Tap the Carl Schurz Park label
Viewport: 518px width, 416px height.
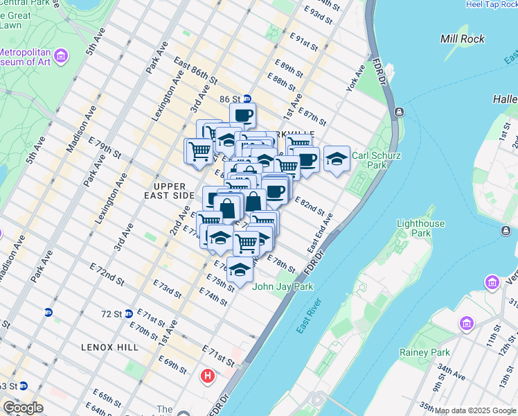(x=377, y=160)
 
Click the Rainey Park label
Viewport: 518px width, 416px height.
(x=425, y=352)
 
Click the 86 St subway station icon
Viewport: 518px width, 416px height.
(x=247, y=99)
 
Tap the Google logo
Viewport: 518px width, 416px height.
(x=23, y=408)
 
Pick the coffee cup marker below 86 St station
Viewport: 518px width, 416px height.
(x=243, y=114)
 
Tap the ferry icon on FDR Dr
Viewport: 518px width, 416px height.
(x=400, y=112)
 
